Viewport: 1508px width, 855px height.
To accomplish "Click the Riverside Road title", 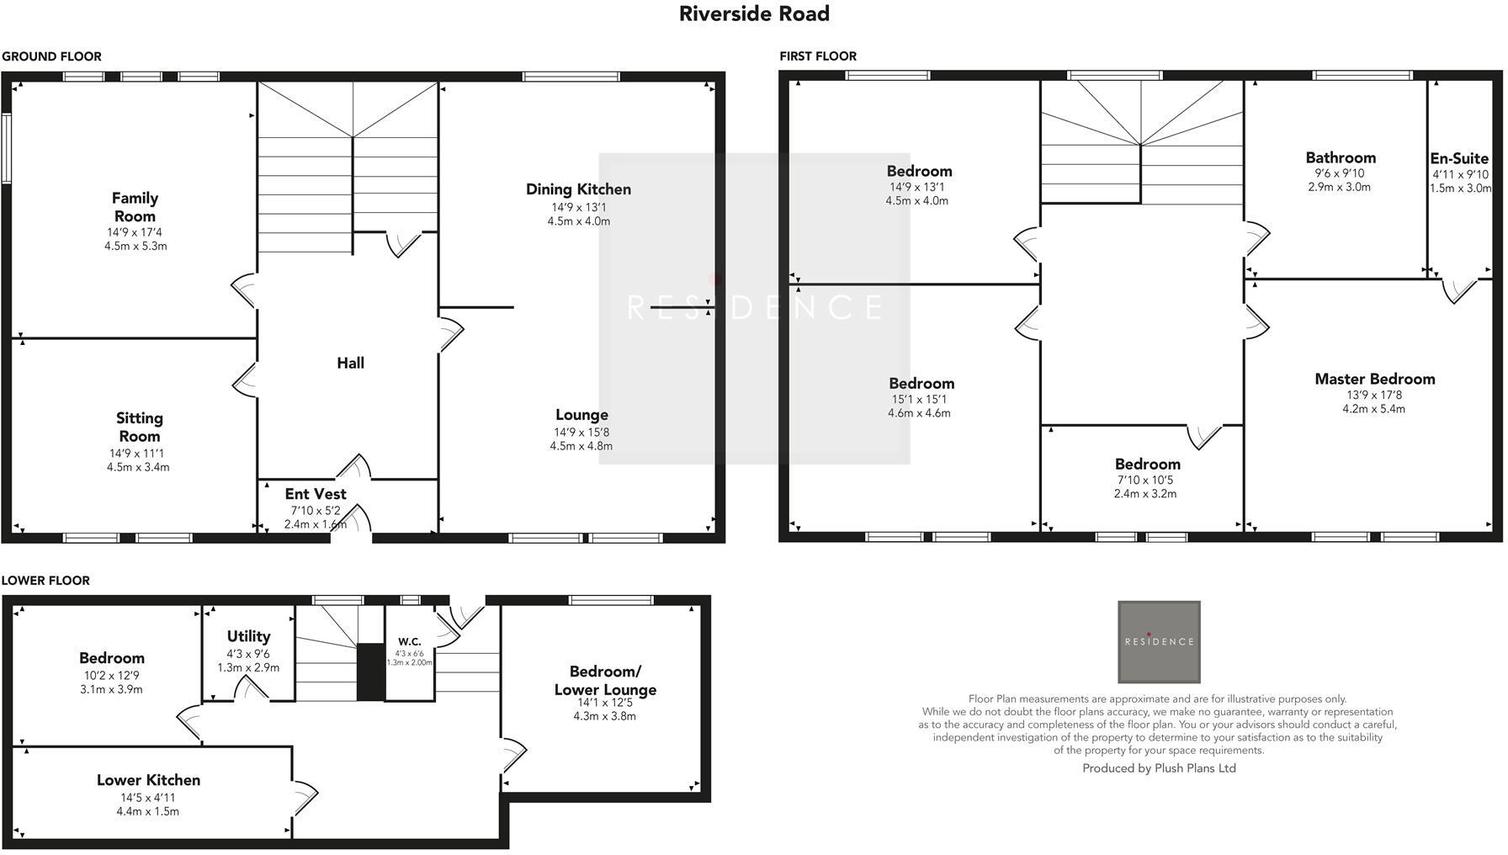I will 754,14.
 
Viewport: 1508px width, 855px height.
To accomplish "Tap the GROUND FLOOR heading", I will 51,56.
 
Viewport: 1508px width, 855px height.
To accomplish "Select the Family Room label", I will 135,207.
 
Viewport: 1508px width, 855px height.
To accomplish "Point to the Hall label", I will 350,363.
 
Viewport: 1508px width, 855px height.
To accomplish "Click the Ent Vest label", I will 315,494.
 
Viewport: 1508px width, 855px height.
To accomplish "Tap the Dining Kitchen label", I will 578,189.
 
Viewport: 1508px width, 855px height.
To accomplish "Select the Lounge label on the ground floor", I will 581,415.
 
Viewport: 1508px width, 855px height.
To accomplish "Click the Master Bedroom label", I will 1374,379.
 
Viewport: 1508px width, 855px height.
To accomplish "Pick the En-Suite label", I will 1458,158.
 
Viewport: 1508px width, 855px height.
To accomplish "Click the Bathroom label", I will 1340,157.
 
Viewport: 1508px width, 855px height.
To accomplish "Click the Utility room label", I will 248,636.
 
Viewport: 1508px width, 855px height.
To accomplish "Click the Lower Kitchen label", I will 148,780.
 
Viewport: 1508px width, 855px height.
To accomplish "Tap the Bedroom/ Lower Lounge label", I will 604,680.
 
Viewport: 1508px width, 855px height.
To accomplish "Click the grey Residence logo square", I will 1158,641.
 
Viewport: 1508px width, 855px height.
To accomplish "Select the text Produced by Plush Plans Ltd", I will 1158,768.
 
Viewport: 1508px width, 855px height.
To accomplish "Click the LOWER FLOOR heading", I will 45,581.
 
